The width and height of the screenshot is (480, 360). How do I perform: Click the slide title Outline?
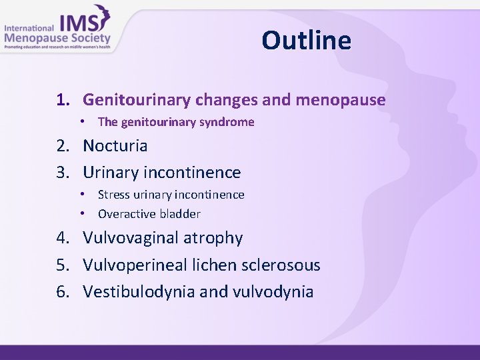pyautogui.click(x=306, y=41)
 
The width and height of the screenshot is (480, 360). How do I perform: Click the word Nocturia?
pyautogui.click(x=115, y=145)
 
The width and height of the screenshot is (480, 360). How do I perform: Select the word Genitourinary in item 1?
pyautogui.click(x=137, y=100)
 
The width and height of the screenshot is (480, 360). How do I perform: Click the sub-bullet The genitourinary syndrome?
pyautogui.click(x=176, y=122)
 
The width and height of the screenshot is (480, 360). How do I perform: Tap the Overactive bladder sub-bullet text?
pyautogui.click(x=149, y=214)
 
